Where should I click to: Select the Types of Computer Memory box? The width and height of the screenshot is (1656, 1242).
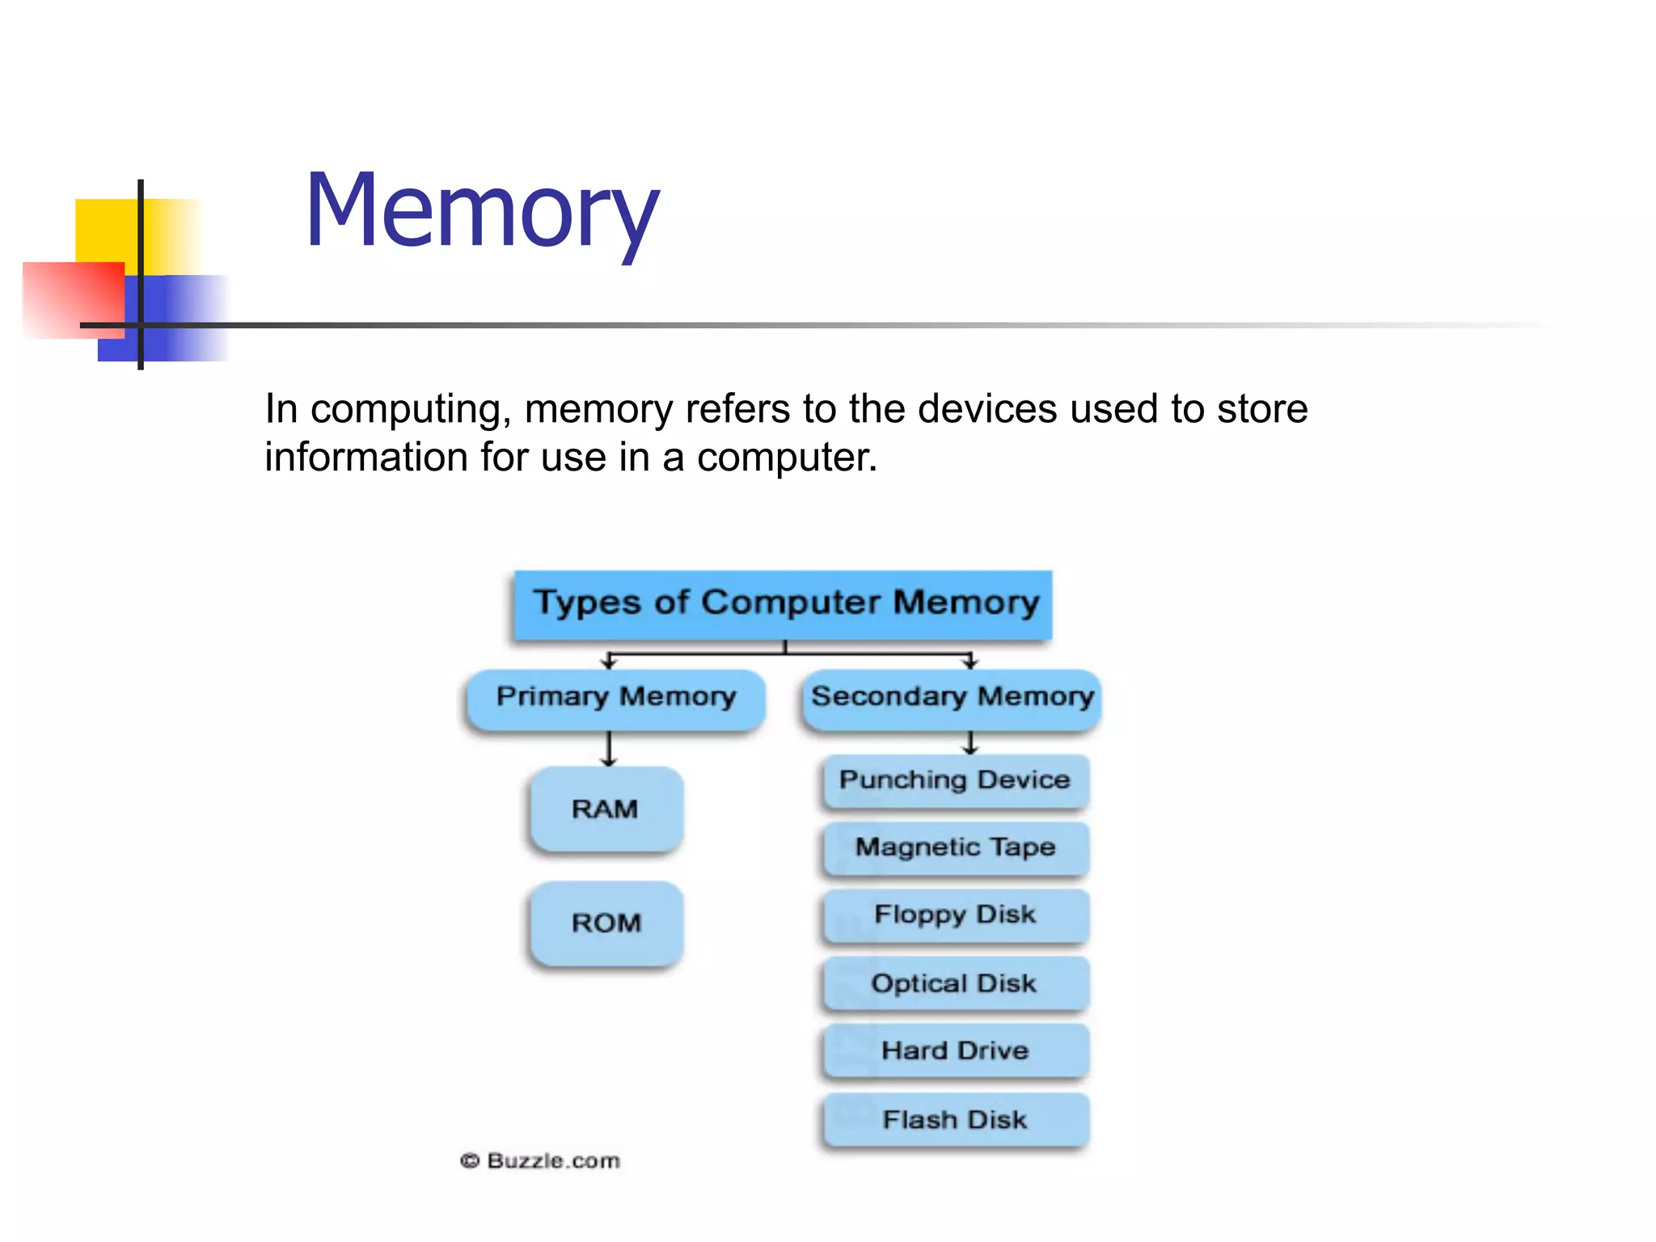click(x=783, y=604)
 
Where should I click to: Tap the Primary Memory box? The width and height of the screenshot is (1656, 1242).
click(x=615, y=698)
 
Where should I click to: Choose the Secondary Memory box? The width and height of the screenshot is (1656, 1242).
click(x=952, y=698)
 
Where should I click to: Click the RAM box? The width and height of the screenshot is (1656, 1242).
click(x=606, y=809)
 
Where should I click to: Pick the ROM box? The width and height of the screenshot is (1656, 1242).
click(x=606, y=923)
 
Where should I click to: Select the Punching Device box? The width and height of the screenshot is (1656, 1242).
click(x=955, y=780)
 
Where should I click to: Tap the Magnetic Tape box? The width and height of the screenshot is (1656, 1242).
click(x=955, y=847)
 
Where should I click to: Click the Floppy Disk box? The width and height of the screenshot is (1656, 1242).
click(x=955, y=915)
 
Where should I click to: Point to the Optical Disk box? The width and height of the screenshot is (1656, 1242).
click(x=955, y=983)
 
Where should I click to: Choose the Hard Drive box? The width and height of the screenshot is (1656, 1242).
click(x=955, y=1050)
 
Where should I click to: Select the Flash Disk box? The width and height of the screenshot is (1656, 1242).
click(x=955, y=1119)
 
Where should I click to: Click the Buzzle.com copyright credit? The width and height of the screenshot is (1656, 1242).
click(x=540, y=1161)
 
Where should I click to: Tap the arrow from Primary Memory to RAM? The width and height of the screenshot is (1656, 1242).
click(x=609, y=749)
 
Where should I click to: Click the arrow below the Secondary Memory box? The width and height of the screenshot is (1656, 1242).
click(x=970, y=742)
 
